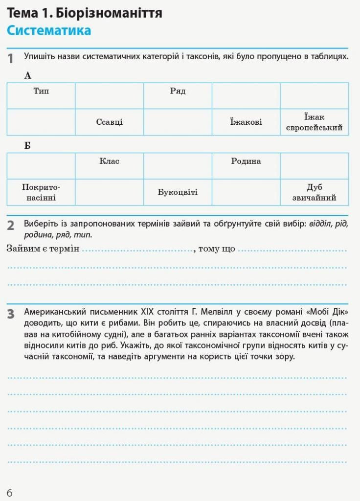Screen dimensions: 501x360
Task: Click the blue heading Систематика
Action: (x=49, y=30)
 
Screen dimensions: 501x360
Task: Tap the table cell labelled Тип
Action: (x=41, y=91)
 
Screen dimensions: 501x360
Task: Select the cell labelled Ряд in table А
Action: (x=178, y=91)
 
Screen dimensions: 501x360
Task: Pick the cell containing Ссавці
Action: (x=109, y=122)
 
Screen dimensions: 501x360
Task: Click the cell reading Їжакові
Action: (x=246, y=122)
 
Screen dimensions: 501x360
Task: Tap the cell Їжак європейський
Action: (x=314, y=122)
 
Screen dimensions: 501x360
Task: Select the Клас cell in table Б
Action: (x=109, y=161)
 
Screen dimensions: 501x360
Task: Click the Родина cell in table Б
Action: (x=246, y=161)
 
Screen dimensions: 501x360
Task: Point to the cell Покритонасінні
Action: (x=41, y=192)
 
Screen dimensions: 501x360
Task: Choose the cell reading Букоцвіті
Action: (x=178, y=192)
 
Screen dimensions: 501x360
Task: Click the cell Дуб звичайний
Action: (x=314, y=192)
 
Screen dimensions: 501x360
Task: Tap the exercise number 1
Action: (x=11, y=59)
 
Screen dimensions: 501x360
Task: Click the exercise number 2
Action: (x=11, y=226)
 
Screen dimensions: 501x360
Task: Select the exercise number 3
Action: (x=11, y=314)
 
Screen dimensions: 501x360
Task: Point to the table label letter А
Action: (x=27, y=75)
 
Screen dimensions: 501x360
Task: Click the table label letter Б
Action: (x=27, y=146)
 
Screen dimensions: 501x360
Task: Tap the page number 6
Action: (x=10, y=492)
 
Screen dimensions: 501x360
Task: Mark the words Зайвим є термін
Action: (x=43, y=249)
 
